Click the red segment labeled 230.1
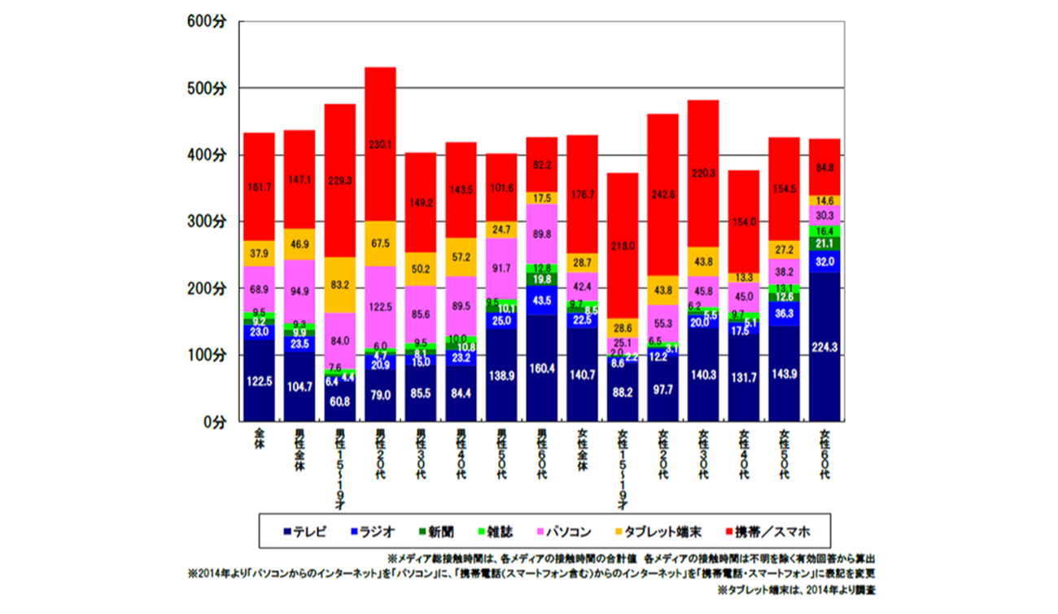(x=380, y=144)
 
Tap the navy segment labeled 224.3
(x=825, y=347)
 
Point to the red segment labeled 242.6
(x=663, y=195)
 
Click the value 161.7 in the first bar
(x=259, y=186)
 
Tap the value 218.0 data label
(x=623, y=245)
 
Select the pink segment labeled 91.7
(x=501, y=268)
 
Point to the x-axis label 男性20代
(x=380, y=453)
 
